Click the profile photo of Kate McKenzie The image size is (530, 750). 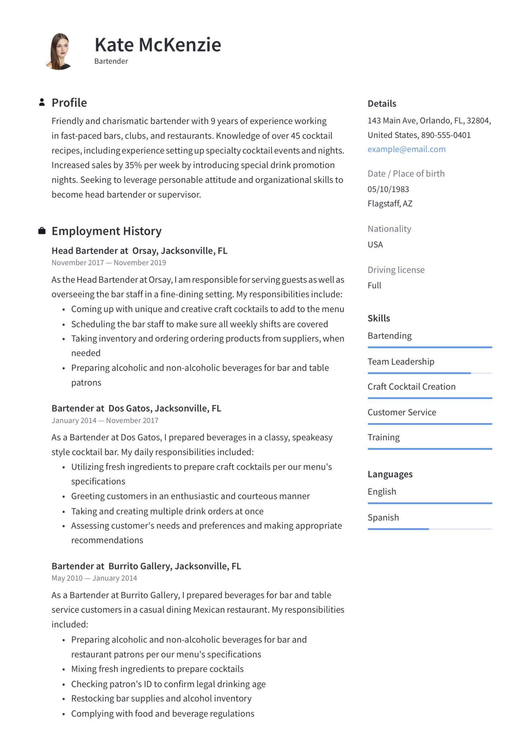click(x=59, y=51)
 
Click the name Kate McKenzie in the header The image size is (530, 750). click(x=158, y=45)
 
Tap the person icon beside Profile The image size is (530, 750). click(x=42, y=103)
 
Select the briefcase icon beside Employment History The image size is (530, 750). click(x=42, y=231)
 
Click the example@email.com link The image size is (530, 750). click(x=406, y=149)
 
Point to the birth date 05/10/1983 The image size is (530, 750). click(x=388, y=189)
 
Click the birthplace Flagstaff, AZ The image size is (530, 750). click(x=390, y=204)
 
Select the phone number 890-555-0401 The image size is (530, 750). click(x=445, y=135)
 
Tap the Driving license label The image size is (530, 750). click(x=396, y=270)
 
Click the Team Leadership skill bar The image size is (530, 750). click(x=430, y=373)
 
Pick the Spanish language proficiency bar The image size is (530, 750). click(x=430, y=529)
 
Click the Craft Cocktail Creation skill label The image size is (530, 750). click(x=411, y=387)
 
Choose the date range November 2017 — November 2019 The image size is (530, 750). click(x=109, y=263)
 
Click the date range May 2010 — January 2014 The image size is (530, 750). click(x=94, y=578)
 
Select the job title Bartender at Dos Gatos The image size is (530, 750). click(x=136, y=408)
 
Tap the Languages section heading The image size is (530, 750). click(x=390, y=474)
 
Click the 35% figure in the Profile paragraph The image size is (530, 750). click(x=133, y=165)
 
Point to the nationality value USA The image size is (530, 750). click(x=375, y=245)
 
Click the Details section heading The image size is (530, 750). click(x=382, y=104)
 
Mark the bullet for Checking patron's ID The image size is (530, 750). click(x=64, y=684)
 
